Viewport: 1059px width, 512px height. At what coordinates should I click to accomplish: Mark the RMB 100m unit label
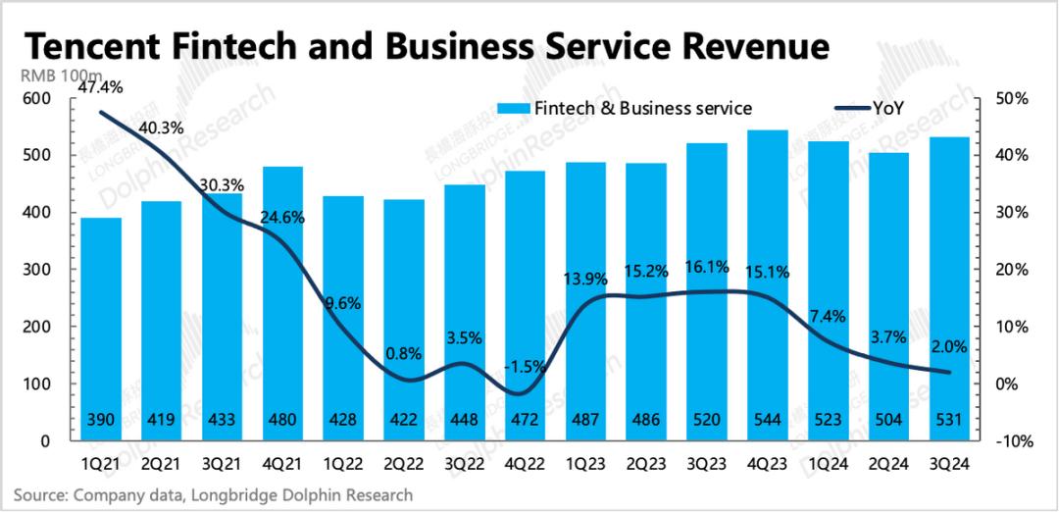pos(53,77)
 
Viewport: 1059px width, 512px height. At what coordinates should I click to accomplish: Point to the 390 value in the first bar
pos(102,421)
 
